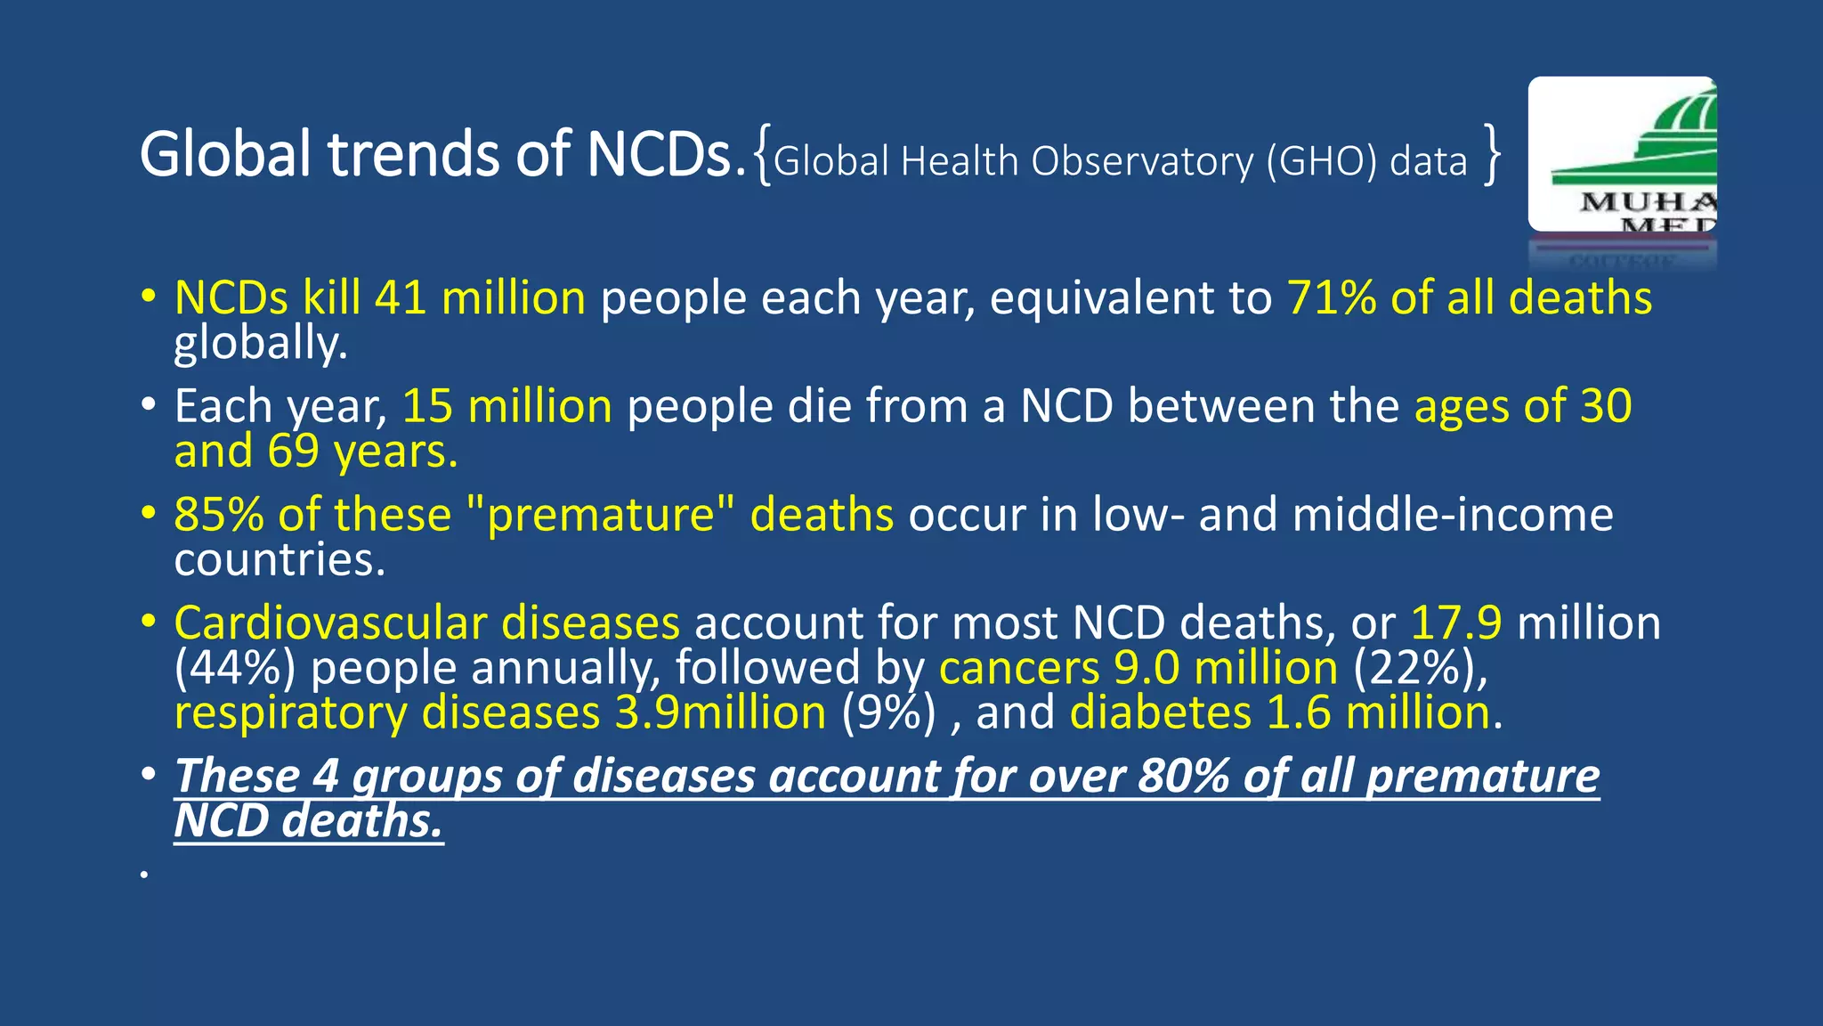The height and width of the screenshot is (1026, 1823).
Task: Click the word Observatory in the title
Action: pyautogui.click(x=1141, y=161)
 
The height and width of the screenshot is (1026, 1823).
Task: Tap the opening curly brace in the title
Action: pyautogui.click(x=762, y=157)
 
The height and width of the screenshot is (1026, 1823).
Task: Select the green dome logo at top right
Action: pyautogui.click(x=1622, y=154)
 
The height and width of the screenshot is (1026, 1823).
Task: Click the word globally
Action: pyautogui.click(x=260, y=344)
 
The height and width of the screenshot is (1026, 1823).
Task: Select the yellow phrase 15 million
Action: pyautogui.click(x=506, y=406)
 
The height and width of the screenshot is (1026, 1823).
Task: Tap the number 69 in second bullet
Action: pyautogui.click(x=293, y=452)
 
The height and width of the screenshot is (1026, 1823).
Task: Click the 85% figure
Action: pyautogui.click(x=218, y=515)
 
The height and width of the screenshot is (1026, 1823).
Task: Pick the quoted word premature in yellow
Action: pyautogui.click(x=601, y=515)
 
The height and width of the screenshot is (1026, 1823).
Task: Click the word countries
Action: pyautogui.click(x=280, y=560)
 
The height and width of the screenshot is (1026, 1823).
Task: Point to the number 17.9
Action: pyautogui.click(x=1456, y=623)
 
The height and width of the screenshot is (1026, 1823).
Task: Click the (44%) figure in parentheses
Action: pyautogui.click(x=234, y=668)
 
